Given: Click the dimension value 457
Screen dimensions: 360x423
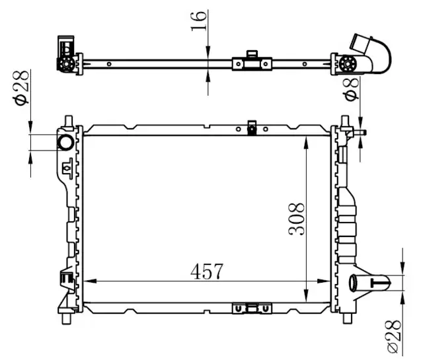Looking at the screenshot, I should point(207,271).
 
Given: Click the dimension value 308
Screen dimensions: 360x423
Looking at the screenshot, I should point(296,219).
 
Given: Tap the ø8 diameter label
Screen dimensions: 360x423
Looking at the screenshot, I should point(351,88).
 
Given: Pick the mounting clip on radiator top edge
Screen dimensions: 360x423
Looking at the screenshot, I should point(251,127).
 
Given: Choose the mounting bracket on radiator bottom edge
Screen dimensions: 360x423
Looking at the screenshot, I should point(251,308).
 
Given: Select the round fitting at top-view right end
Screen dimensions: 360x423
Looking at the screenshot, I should point(349,64).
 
